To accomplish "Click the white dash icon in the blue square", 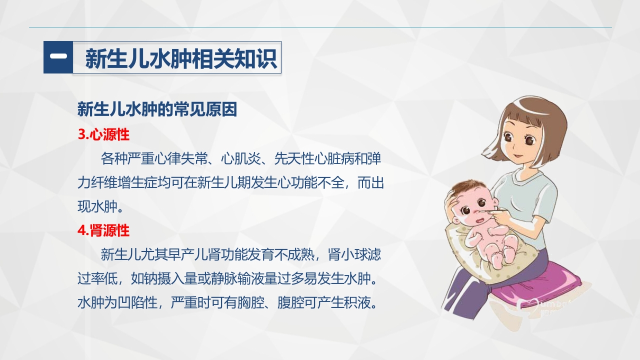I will [58, 57].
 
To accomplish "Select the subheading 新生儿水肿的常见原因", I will [157, 109].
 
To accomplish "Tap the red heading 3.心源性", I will [103, 134].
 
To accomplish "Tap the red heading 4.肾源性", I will [103, 230].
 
